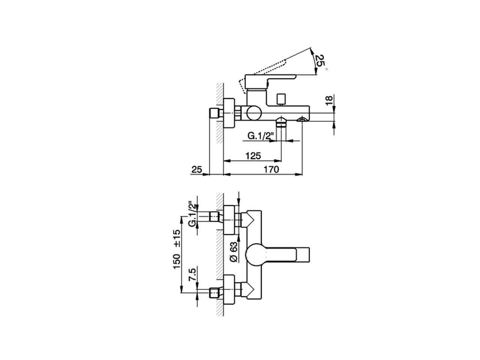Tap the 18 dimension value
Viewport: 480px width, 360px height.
tap(329, 100)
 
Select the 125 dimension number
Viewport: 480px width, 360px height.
tap(253, 156)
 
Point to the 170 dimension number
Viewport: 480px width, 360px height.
tap(271, 169)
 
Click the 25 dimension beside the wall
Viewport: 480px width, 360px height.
tap(197, 169)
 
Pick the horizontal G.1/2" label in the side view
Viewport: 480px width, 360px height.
tap(261, 136)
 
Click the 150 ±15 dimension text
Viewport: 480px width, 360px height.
tap(177, 249)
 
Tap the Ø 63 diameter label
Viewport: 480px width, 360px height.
tap(234, 252)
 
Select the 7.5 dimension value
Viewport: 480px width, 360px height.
tap(193, 275)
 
